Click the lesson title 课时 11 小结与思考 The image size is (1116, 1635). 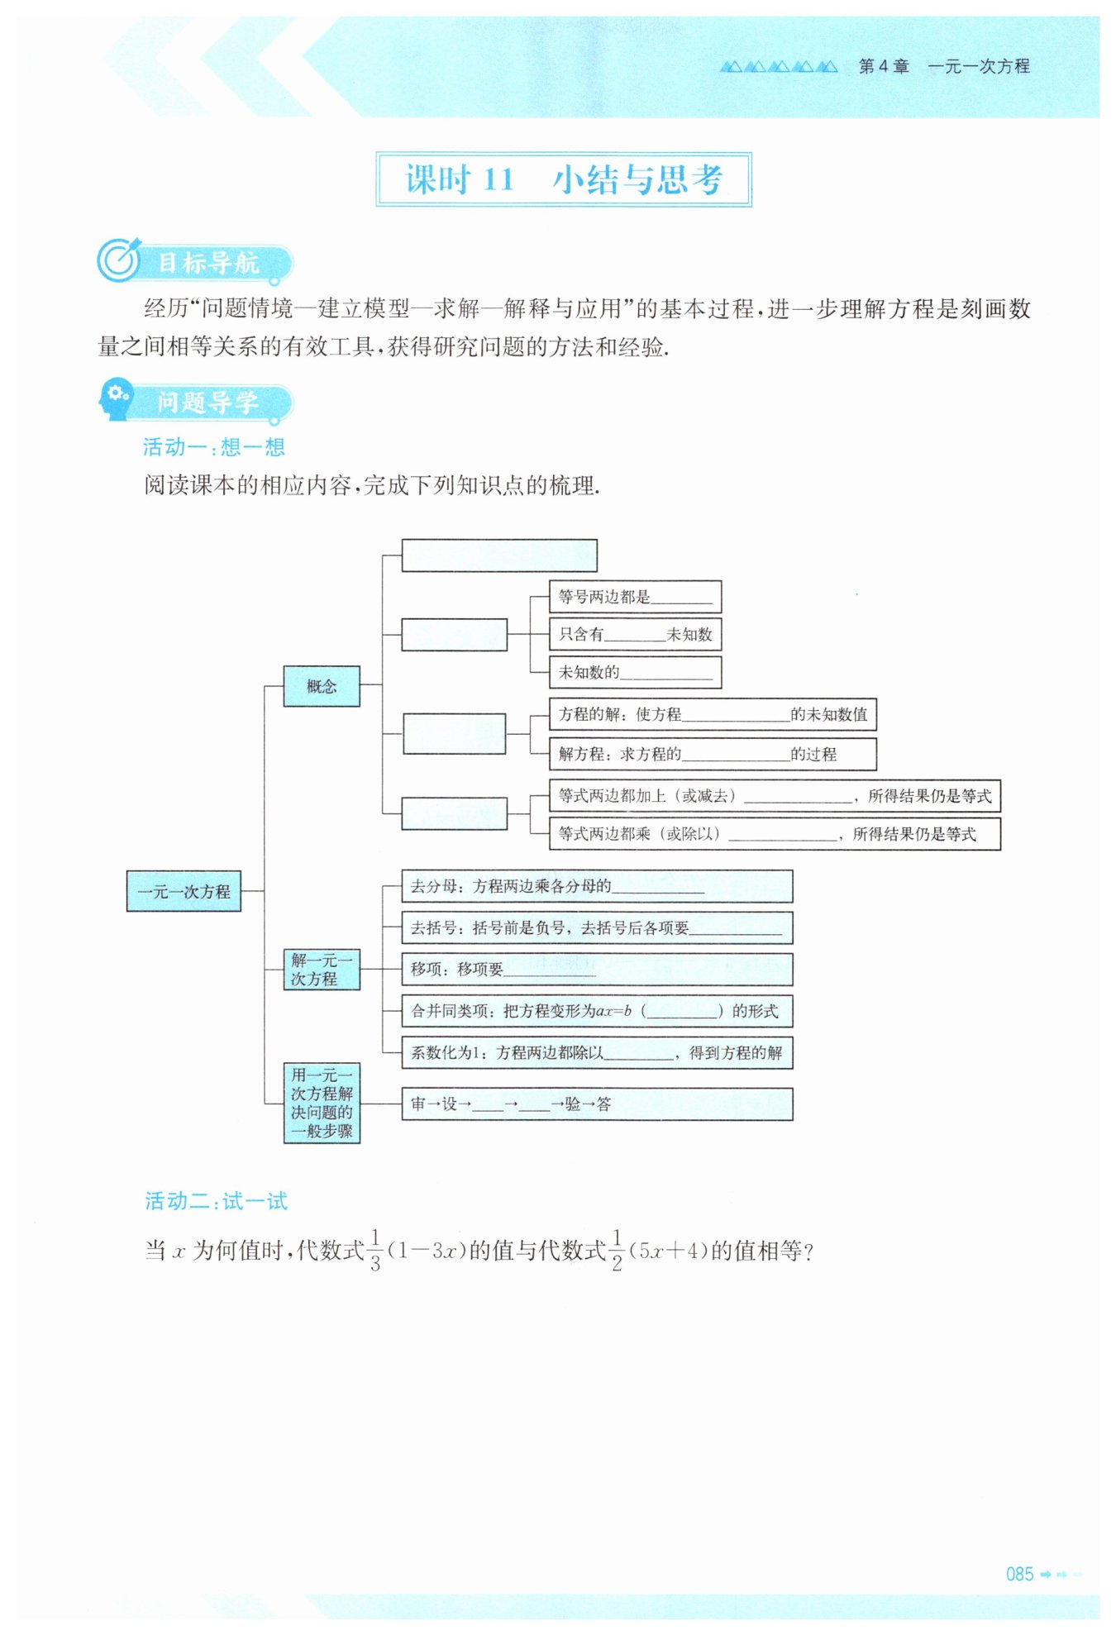(x=563, y=179)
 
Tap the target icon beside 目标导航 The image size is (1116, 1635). (x=120, y=260)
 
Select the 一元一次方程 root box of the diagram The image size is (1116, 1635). (x=184, y=891)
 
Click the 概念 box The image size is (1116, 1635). (x=322, y=686)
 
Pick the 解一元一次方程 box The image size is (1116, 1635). (x=322, y=970)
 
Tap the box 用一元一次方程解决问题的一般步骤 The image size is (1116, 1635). (x=322, y=1103)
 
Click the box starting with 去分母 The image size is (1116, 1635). (x=596, y=886)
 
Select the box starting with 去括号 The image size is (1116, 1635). (x=596, y=927)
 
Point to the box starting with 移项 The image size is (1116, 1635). (x=596, y=969)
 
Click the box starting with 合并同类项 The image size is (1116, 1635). (x=596, y=1010)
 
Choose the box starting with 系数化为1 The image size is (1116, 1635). (x=596, y=1052)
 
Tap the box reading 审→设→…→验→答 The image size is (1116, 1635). (x=596, y=1104)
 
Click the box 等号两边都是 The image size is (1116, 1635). (x=635, y=597)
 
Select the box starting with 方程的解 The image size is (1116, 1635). (x=712, y=714)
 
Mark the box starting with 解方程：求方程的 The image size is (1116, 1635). (x=712, y=754)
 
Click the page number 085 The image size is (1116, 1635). (x=1019, y=1574)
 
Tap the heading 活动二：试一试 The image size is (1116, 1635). (x=217, y=1201)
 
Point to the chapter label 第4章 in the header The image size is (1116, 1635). (x=884, y=66)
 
